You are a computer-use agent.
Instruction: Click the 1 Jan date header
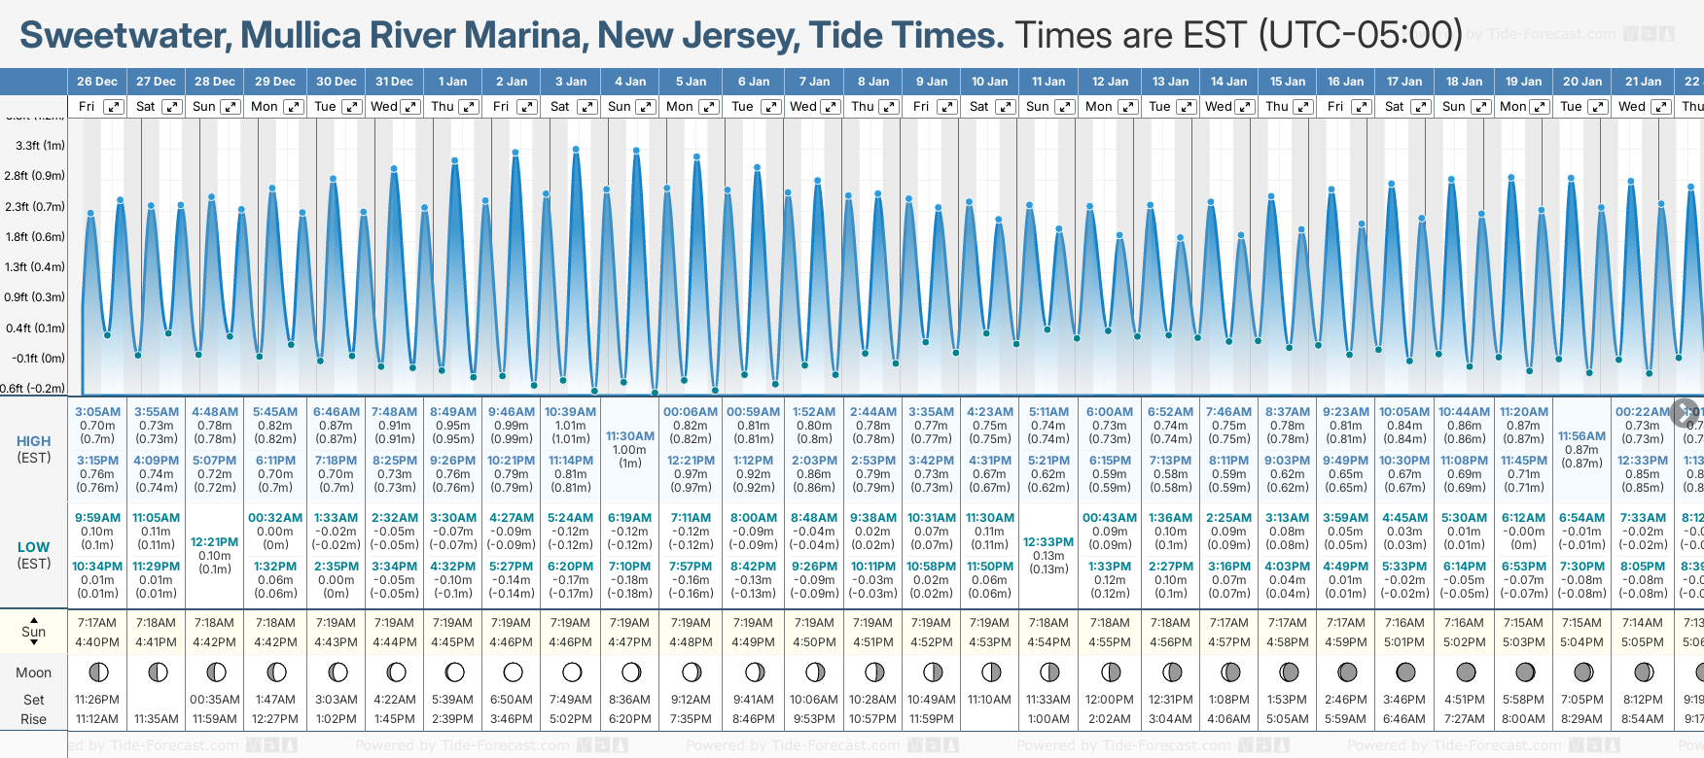pyautogui.click(x=452, y=82)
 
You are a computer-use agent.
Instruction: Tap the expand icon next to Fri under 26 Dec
pyautogui.click(x=114, y=107)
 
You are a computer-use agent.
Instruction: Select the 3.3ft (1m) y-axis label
pyautogui.click(x=40, y=146)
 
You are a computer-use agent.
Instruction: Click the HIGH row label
pyautogui.click(x=33, y=441)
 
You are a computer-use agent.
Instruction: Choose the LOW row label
pyautogui.click(x=33, y=547)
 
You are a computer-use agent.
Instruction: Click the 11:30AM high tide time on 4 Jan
pyautogui.click(x=629, y=436)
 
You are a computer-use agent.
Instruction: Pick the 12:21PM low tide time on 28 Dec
pyautogui.click(x=215, y=542)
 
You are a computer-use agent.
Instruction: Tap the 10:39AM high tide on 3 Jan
pyautogui.click(x=570, y=412)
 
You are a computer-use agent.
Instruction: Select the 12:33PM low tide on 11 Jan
pyautogui.click(x=1048, y=542)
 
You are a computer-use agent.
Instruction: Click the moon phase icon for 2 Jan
pyautogui.click(x=513, y=672)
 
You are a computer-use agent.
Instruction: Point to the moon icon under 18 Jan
pyautogui.click(x=1465, y=672)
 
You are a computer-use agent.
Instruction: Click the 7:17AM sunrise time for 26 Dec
pyautogui.click(x=97, y=623)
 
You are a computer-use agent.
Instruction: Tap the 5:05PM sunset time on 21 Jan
pyautogui.click(x=1642, y=642)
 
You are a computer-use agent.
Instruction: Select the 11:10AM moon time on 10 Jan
pyautogui.click(x=989, y=700)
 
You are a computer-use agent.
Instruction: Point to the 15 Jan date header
pyautogui.click(x=1288, y=82)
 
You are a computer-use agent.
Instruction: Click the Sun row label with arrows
pyautogui.click(x=33, y=632)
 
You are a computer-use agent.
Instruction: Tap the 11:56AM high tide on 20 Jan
pyautogui.click(x=1581, y=436)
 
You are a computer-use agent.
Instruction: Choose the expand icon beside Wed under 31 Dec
pyautogui.click(x=410, y=107)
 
